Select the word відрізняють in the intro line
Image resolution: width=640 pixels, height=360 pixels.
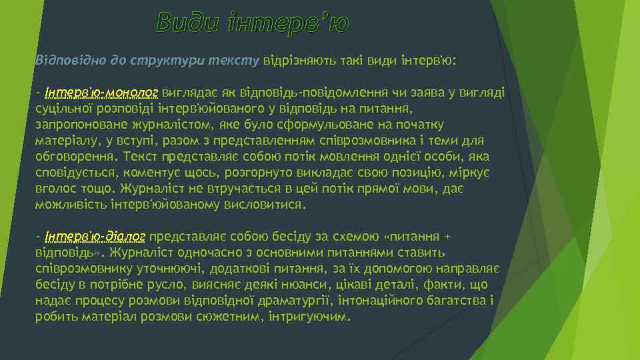(297, 60)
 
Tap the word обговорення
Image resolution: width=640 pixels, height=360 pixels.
(71, 157)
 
